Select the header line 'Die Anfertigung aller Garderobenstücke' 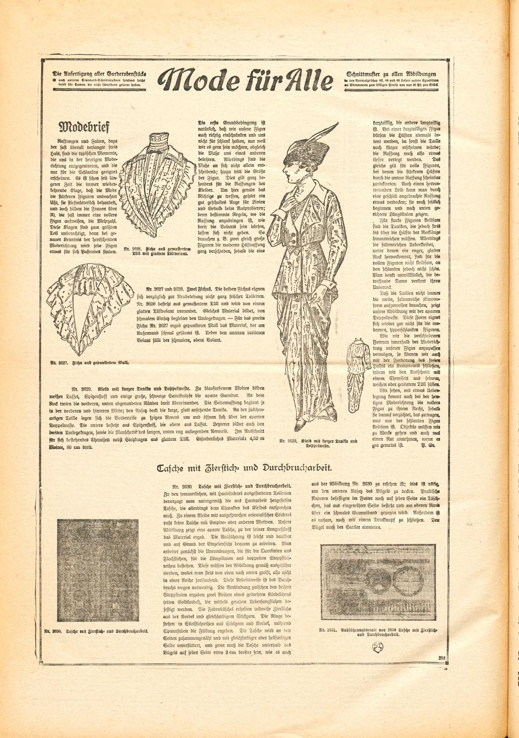pos(99,73)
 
